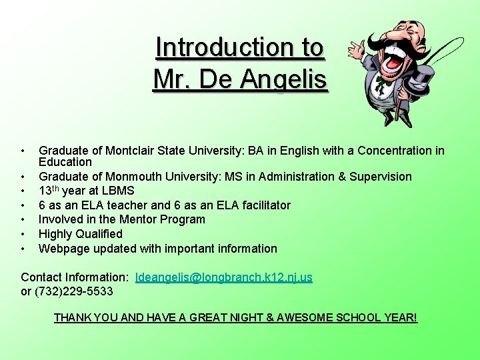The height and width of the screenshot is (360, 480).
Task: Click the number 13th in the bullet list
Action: pos(50,191)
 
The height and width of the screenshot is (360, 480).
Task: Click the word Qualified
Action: pos(100,234)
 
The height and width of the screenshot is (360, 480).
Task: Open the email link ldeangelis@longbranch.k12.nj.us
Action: pos(223,277)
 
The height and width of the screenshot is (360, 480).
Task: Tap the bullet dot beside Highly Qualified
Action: pos(23,234)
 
